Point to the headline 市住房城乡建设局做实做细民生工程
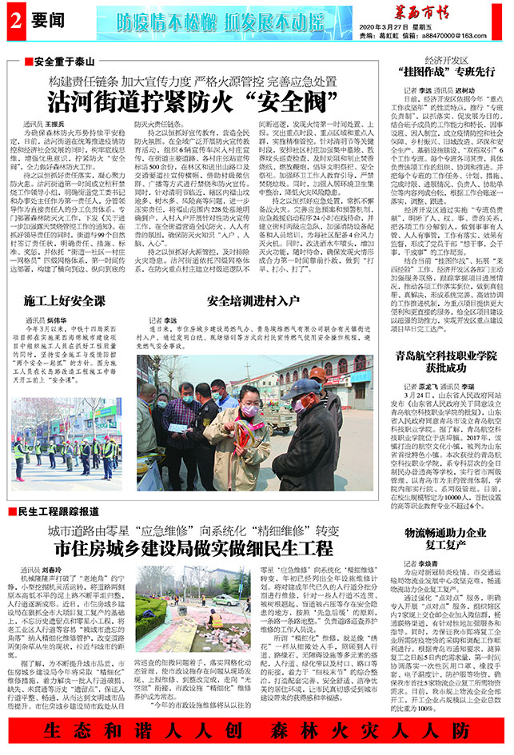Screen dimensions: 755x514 coord(193,547)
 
